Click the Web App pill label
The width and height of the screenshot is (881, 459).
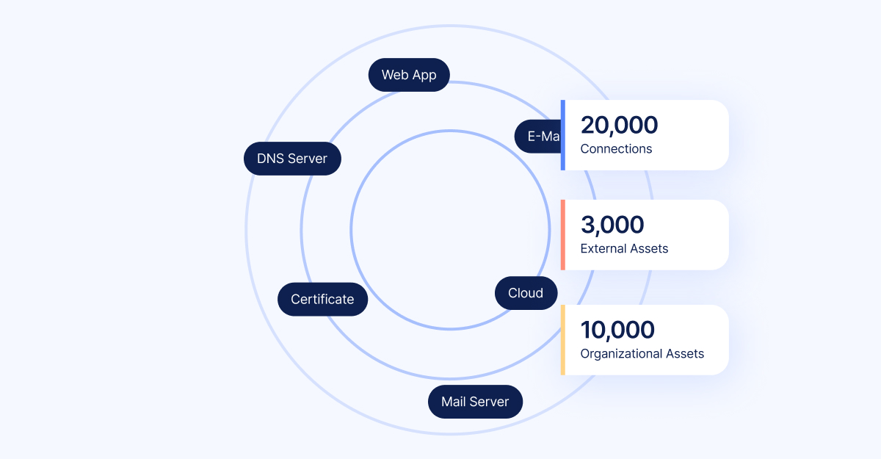[409, 75]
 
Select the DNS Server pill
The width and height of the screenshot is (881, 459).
[292, 159]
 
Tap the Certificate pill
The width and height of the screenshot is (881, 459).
[322, 300]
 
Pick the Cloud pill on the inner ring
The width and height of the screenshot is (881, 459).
[526, 293]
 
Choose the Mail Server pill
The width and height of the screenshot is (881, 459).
[475, 402]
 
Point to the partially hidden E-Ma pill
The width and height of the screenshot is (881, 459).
[539, 136]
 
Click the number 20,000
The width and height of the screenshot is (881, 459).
[619, 126]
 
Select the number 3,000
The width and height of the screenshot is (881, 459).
[612, 225]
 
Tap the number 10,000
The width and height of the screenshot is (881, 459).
[617, 330]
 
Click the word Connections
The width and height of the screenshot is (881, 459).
[616, 149]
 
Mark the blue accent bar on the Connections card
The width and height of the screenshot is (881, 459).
[562, 135]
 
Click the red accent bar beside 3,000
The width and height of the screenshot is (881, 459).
[562, 235]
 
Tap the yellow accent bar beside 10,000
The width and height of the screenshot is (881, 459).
[562, 340]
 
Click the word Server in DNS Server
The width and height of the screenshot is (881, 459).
[308, 159]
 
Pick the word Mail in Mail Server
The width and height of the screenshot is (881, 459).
[454, 402]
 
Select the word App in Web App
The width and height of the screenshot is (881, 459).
[424, 75]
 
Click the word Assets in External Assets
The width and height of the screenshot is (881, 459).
[648, 248]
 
